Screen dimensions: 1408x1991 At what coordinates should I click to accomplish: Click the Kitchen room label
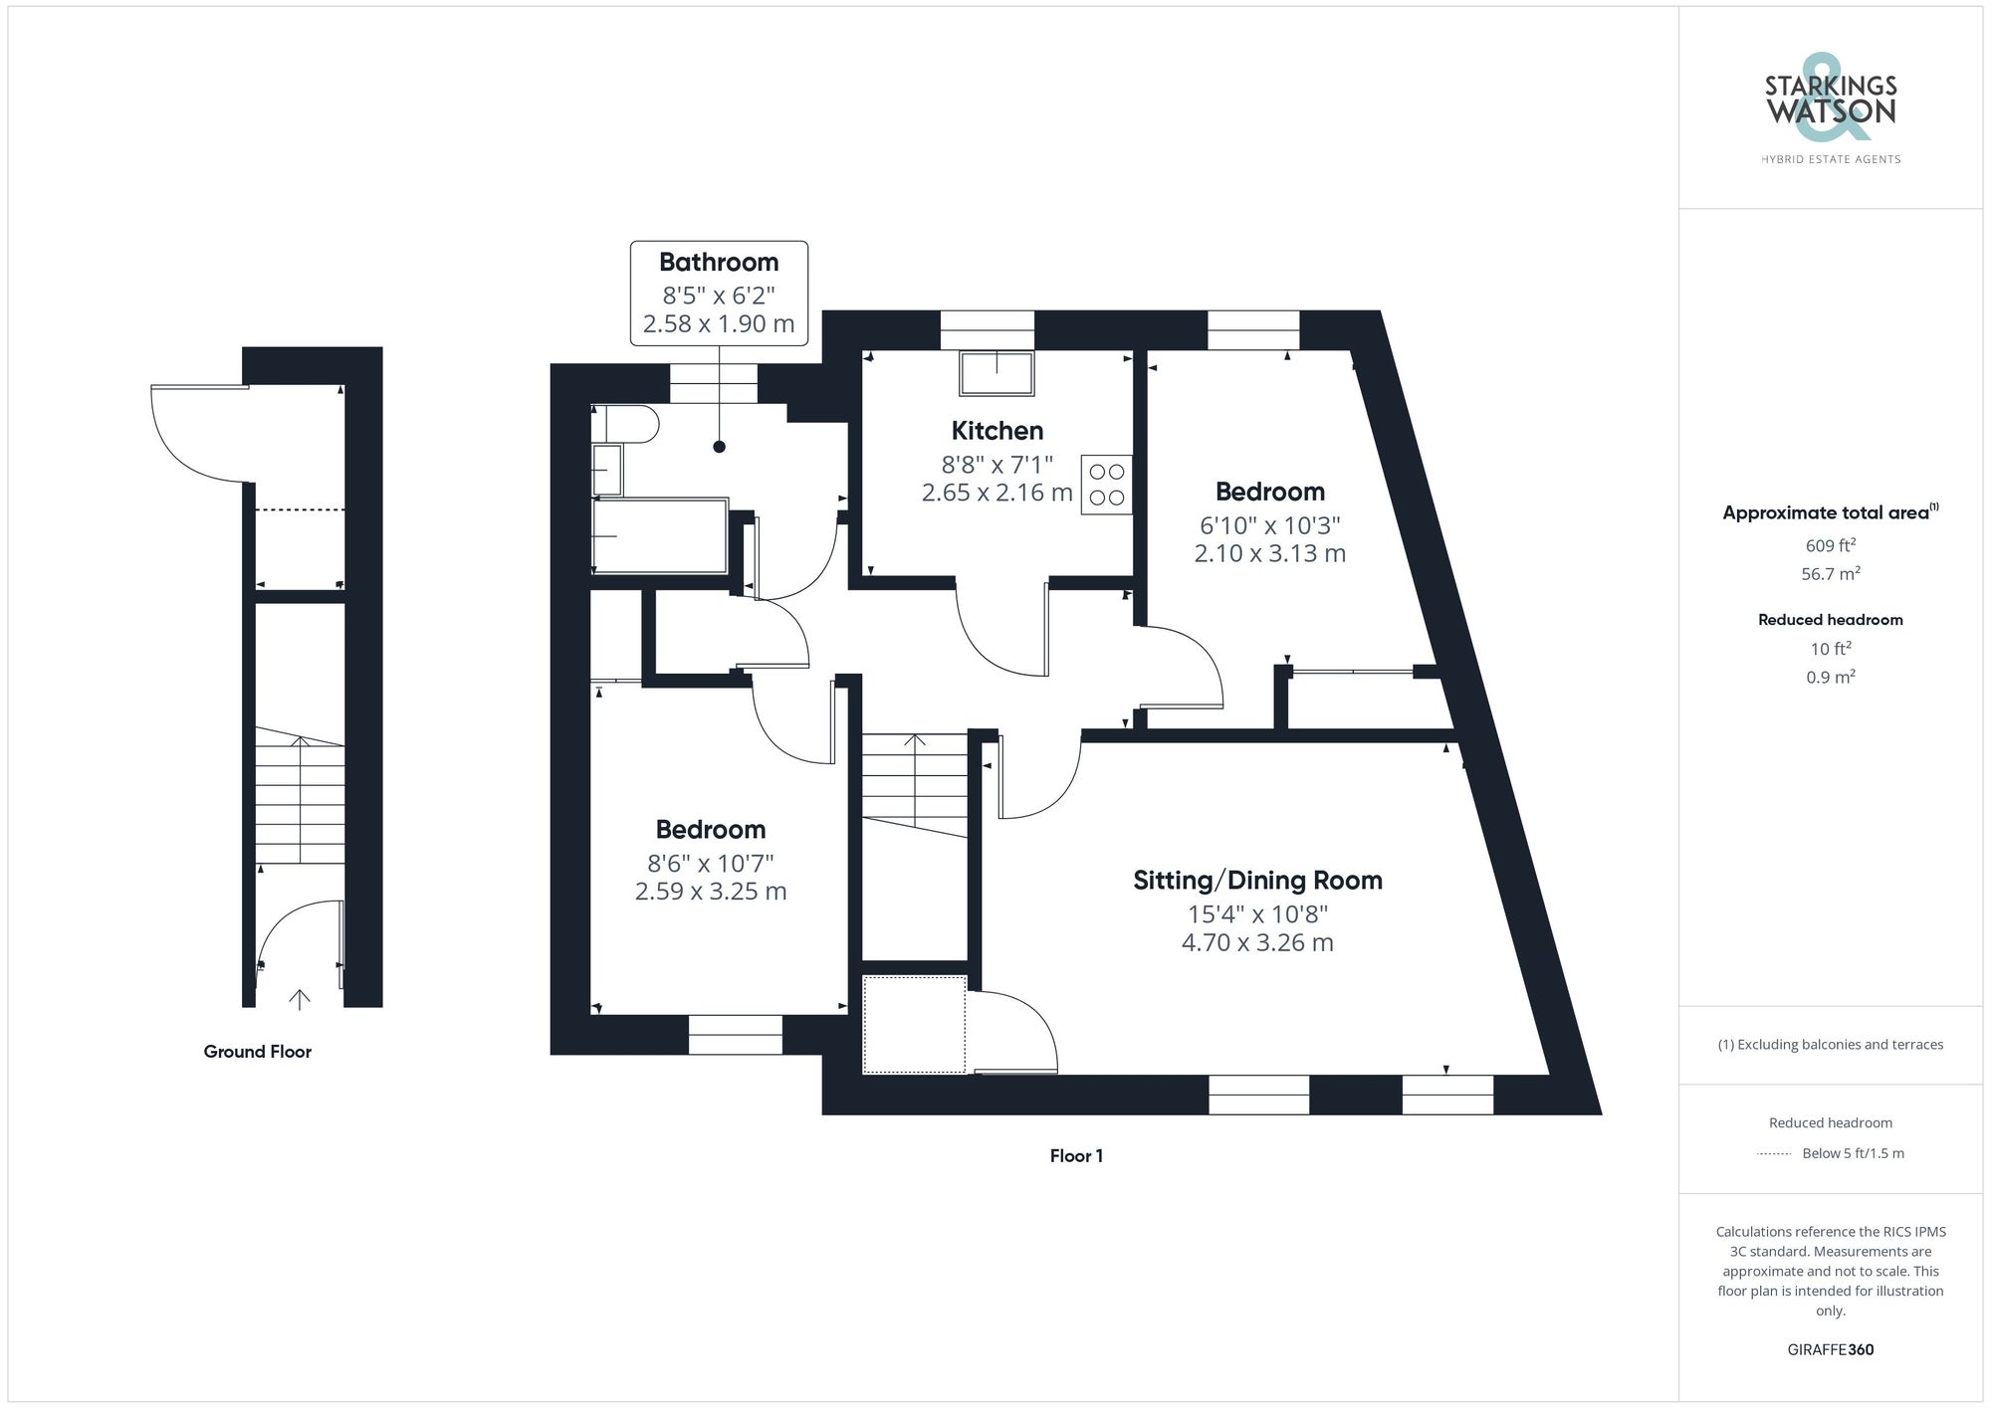pos(996,431)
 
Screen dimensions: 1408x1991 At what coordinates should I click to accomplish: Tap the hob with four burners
pos(1106,485)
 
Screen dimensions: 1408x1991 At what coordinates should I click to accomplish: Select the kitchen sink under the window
pos(996,372)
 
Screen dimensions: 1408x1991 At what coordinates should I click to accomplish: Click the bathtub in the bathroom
pos(660,536)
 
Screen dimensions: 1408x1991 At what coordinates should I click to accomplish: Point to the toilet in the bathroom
pos(625,424)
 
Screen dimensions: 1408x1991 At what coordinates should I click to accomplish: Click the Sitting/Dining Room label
pos(1257,881)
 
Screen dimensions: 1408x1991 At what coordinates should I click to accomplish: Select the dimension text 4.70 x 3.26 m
pos(1257,942)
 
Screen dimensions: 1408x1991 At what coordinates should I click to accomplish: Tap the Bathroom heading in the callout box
pos(719,263)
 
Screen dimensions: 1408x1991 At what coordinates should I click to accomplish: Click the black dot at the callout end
pos(719,447)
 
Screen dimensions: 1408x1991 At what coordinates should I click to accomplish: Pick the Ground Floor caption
pos(257,1052)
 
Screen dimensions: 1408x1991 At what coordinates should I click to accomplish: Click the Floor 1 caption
pos(1076,1156)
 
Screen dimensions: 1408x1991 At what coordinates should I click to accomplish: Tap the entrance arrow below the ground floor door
pos(300,999)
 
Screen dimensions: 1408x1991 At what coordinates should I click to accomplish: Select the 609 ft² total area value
pos(1830,545)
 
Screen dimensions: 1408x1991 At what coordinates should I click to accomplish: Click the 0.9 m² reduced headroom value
pos(1830,678)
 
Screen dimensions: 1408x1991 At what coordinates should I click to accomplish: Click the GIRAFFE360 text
pos(1830,1350)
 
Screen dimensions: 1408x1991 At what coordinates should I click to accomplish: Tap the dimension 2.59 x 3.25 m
pos(711,892)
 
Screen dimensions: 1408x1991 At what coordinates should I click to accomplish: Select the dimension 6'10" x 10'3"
pos(1269,524)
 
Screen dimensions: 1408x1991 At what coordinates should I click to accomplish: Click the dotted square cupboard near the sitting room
pos(914,1025)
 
